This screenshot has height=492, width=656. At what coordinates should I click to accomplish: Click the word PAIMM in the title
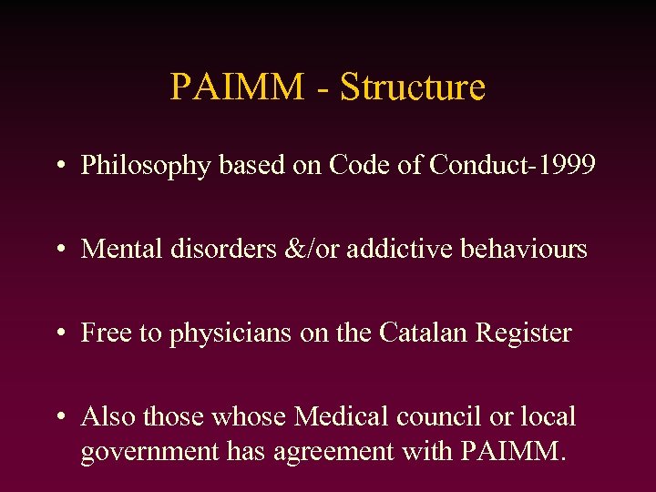tap(237, 87)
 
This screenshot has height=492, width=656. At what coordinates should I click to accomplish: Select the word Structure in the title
tap(412, 87)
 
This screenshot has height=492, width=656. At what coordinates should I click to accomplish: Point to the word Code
tap(357, 165)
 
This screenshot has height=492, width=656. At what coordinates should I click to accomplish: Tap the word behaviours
tap(520, 249)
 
